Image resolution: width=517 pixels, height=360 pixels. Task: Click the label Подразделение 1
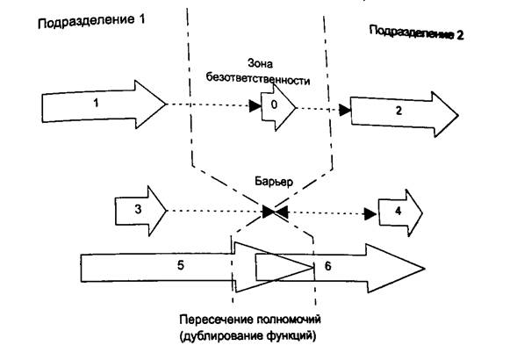pyautogui.click(x=91, y=22)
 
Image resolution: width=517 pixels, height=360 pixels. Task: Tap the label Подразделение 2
pyautogui.click(x=416, y=32)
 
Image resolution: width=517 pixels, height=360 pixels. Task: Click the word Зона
pyautogui.click(x=260, y=63)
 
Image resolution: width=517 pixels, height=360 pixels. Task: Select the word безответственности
pyautogui.click(x=258, y=79)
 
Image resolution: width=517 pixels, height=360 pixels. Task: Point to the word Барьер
pyautogui.click(x=274, y=182)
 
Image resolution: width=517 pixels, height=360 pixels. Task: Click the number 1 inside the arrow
pyautogui.click(x=96, y=104)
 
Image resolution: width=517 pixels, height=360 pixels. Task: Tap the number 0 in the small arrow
pyautogui.click(x=274, y=105)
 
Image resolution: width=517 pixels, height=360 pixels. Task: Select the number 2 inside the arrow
pyautogui.click(x=399, y=111)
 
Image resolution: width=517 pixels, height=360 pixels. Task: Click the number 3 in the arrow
pyautogui.click(x=138, y=209)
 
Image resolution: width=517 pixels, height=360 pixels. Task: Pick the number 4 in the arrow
pyautogui.click(x=398, y=212)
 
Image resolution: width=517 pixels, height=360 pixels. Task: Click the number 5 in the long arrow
pyautogui.click(x=181, y=265)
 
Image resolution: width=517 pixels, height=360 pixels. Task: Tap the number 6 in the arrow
pyautogui.click(x=327, y=266)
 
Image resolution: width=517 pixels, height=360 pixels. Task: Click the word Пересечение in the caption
pyautogui.click(x=216, y=320)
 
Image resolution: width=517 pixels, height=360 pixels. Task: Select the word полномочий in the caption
pyautogui.click(x=288, y=320)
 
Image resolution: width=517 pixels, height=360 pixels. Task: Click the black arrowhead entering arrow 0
pyautogui.click(x=255, y=106)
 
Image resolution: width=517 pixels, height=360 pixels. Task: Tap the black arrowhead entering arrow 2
pyautogui.click(x=345, y=110)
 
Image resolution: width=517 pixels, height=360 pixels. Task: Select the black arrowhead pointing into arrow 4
pyautogui.click(x=370, y=214)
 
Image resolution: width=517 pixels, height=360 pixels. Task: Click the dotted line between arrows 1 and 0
pyautogui.click(x=208, y=105)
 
